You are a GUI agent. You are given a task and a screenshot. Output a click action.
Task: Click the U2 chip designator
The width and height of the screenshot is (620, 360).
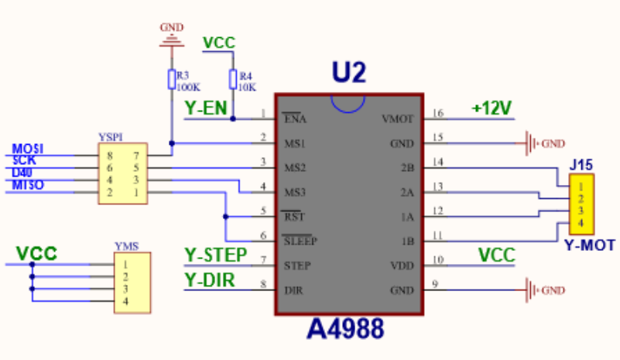tap(348, 74)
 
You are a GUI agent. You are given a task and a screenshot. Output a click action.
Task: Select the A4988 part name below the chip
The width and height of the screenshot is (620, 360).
tap(345, 330)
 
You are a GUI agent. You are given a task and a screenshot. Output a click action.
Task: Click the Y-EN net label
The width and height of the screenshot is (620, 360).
tap(206, 109)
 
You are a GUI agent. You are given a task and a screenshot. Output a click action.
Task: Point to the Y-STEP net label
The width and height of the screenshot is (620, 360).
tap(216, 255)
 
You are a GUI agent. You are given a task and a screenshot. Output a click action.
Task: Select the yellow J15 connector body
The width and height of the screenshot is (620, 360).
tap(581, 204)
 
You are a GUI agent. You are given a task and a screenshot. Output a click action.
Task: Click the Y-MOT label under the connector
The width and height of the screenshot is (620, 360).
tap(589, 246)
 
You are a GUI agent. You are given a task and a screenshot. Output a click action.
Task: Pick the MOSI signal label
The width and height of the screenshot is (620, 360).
tap(28, 149)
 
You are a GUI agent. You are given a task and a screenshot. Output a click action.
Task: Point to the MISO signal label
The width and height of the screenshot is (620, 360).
tap(28, 185)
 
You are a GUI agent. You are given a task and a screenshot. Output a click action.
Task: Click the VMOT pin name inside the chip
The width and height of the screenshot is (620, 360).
tap(398, 119)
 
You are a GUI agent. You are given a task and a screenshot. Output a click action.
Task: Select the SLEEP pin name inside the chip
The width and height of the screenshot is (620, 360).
tap(301, 241)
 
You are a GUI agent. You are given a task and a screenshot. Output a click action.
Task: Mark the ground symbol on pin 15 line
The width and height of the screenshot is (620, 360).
tap(531, 143)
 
